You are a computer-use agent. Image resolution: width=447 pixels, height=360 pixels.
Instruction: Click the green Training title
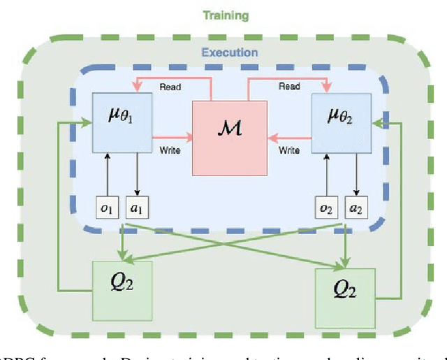(x=223, y=13)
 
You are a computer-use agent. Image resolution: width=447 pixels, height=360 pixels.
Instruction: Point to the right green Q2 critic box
(x=344, y=298)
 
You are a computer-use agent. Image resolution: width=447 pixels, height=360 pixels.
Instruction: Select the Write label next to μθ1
(x=170, y=150)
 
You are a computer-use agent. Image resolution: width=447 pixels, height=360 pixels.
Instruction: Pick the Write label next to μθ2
(x=289, y=150)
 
